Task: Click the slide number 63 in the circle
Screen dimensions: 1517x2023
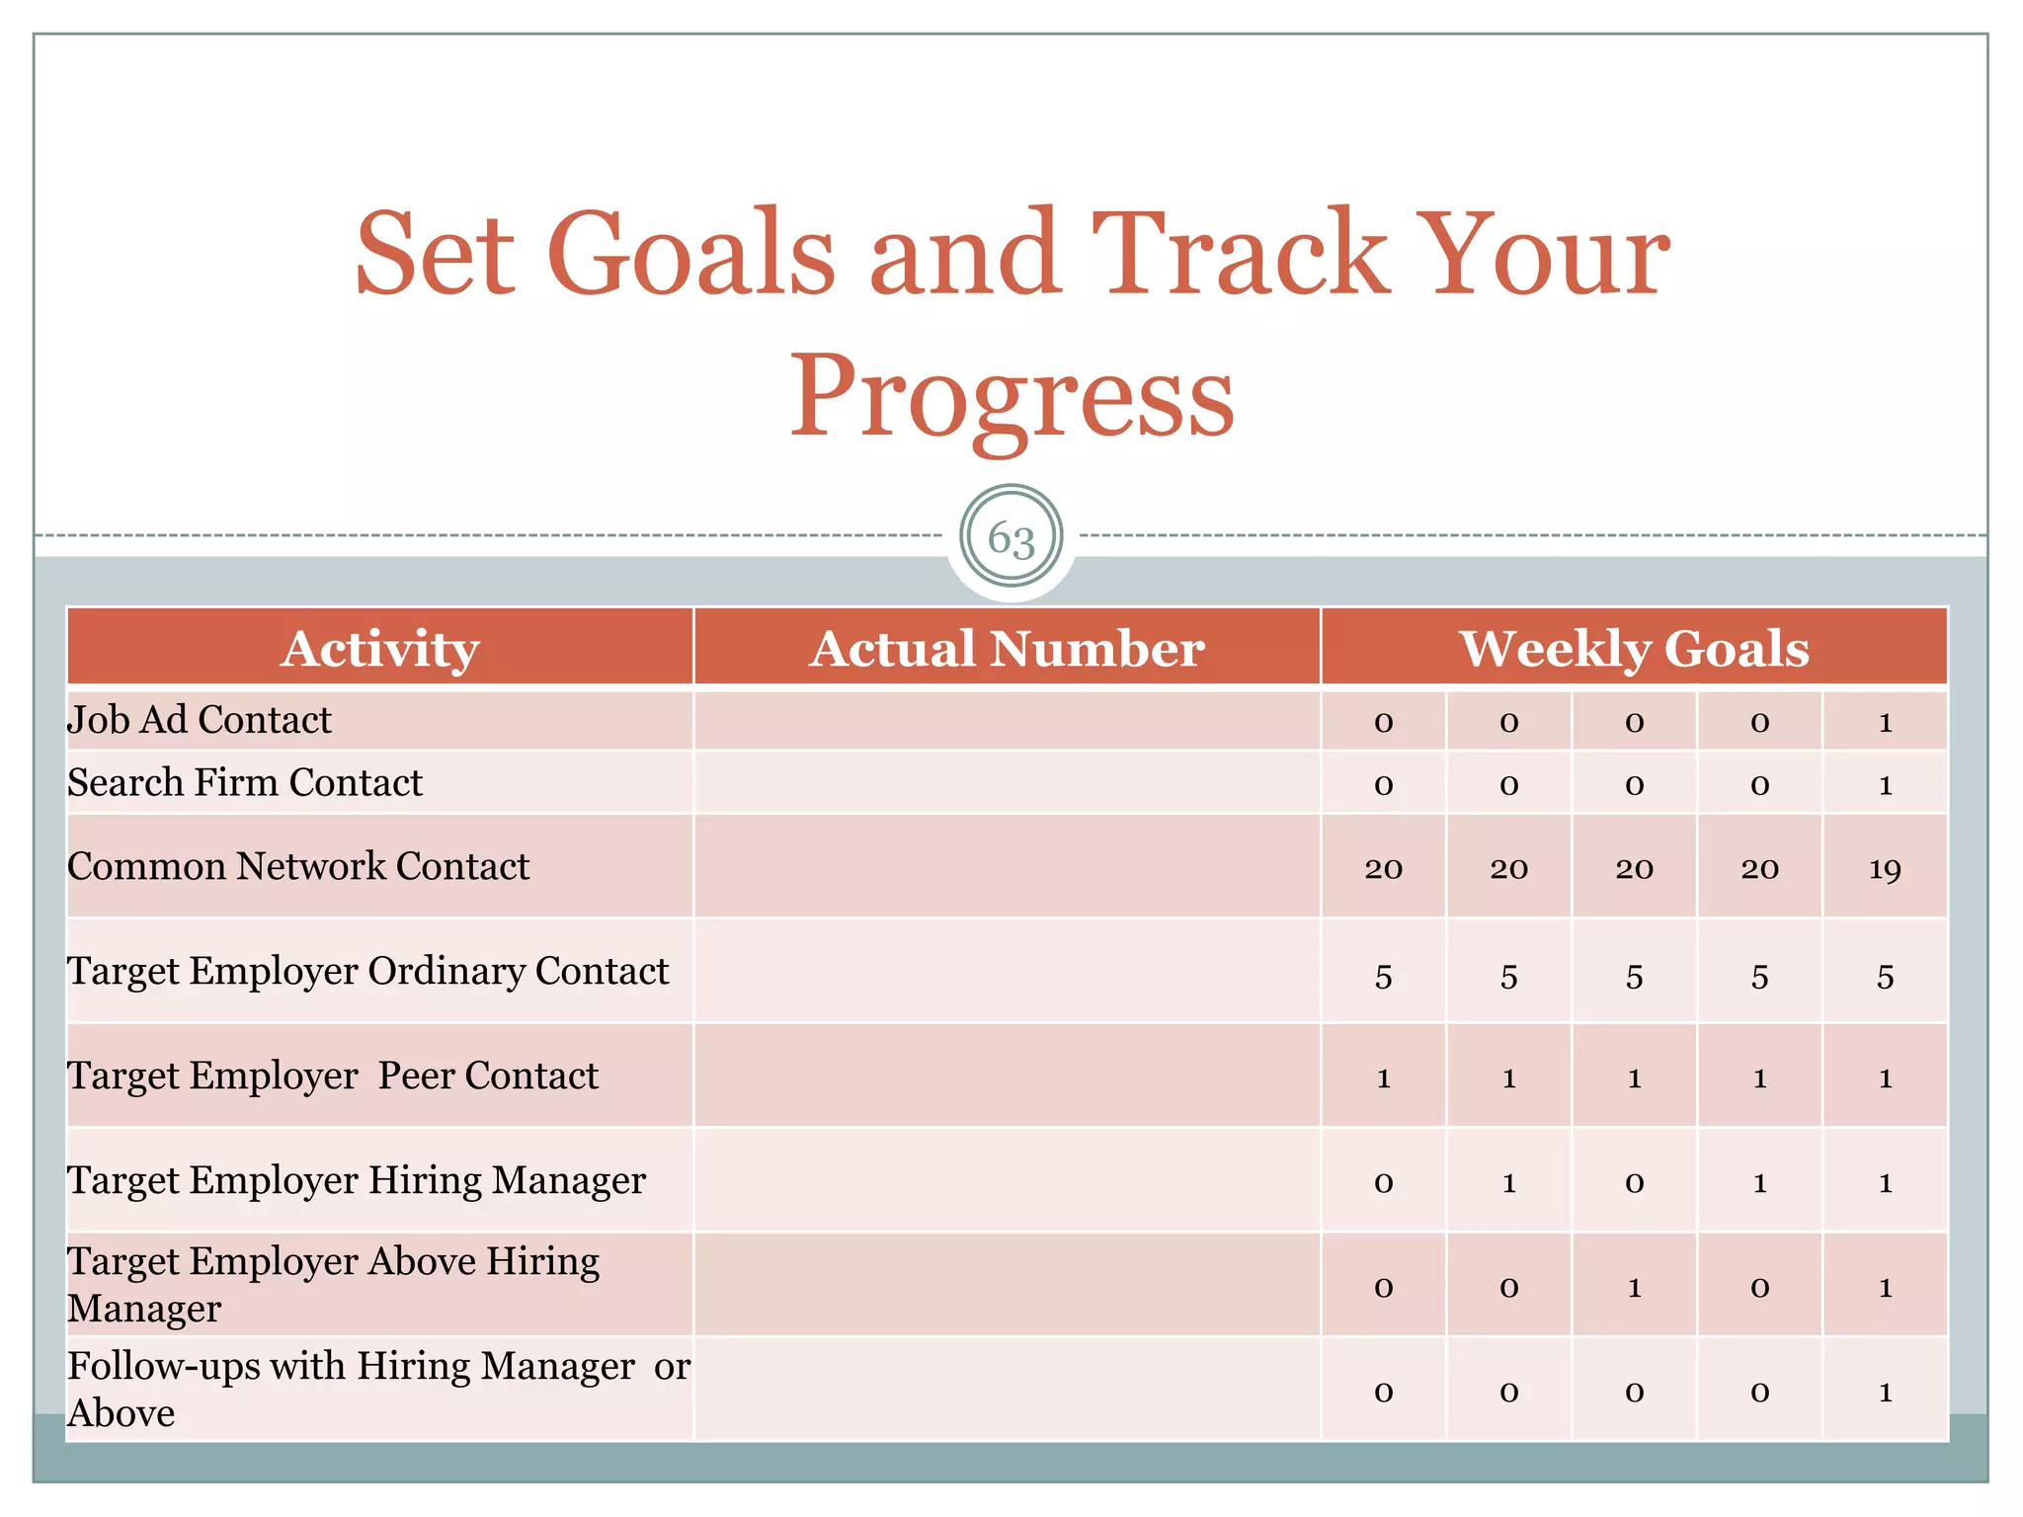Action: click(1011, 538)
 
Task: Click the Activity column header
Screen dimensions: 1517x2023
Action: click(379, 649)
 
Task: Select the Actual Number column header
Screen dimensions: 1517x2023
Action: click(1007, 649)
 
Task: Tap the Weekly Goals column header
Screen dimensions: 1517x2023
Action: click(1634, 649)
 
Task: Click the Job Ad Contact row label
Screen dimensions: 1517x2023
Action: click(200, 720)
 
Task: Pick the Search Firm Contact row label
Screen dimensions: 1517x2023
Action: click(245, 783)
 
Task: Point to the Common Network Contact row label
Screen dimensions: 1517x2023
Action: click(298, 867)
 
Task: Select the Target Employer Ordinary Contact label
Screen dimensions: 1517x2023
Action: click(367, 972)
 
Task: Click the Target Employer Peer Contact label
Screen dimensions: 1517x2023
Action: click(333, 1077)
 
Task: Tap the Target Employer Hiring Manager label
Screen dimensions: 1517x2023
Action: click(357, 1181)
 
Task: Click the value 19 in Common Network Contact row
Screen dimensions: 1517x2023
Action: click(1885, 869)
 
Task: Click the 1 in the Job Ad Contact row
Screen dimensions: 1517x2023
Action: click(1885, 723)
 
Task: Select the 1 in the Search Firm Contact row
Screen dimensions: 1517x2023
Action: click(1885, 786)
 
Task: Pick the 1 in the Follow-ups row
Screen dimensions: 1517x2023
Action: click(1885, 1393)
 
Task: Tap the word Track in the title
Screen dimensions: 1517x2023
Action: click(1240, 255)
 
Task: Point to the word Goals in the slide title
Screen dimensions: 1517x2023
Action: click(691, 255)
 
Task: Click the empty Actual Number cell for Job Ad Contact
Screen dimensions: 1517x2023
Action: click(1007, 720)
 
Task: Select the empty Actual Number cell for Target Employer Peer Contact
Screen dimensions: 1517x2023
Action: click(1007, 1077)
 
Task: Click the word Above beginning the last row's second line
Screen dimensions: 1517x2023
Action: click(121, 1414)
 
